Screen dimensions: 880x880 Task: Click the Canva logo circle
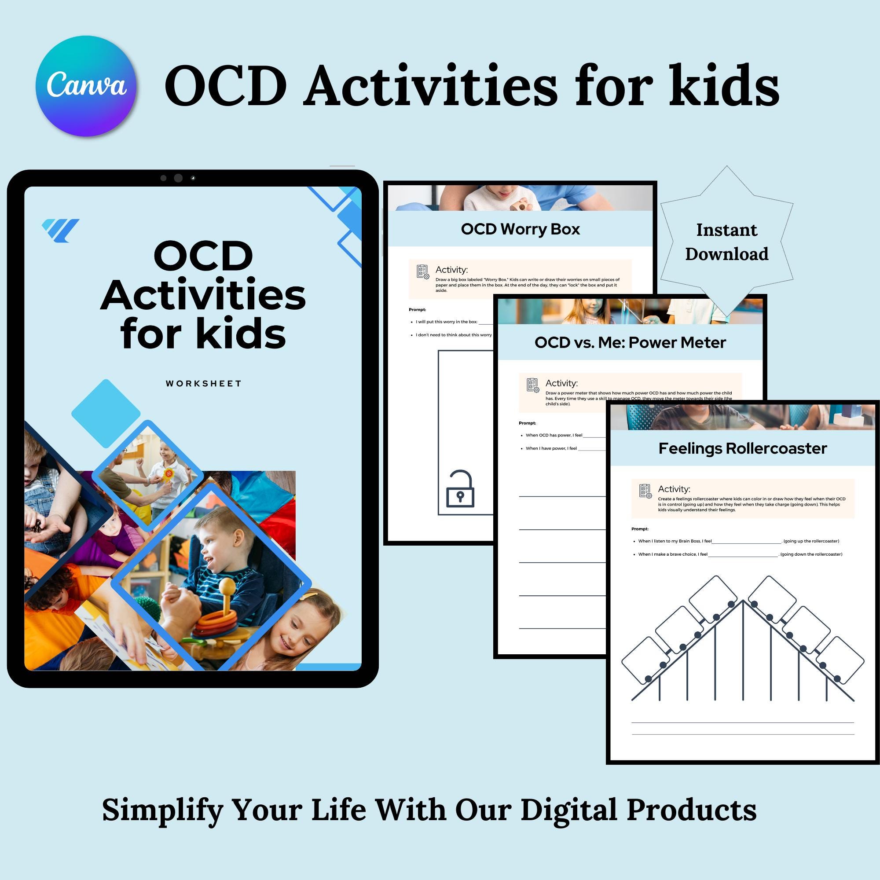point(86,86)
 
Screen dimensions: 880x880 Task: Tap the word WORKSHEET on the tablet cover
point(203,384)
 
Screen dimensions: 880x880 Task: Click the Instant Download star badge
point(726,242)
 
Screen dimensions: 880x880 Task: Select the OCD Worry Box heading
point(520,229)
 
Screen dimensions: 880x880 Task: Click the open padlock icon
point(460,490)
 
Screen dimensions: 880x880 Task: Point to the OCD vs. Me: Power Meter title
point(630,342)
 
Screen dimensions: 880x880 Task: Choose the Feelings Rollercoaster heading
point(742,449)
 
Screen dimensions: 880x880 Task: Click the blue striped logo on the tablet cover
point(60,230)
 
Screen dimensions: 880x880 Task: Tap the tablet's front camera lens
point(178,178)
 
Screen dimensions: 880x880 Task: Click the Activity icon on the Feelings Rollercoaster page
point(645,491)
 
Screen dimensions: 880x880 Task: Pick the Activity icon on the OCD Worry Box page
point(423,272)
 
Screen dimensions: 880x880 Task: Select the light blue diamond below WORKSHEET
point(106,414)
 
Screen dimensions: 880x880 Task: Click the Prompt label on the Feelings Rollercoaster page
point(639,529)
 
